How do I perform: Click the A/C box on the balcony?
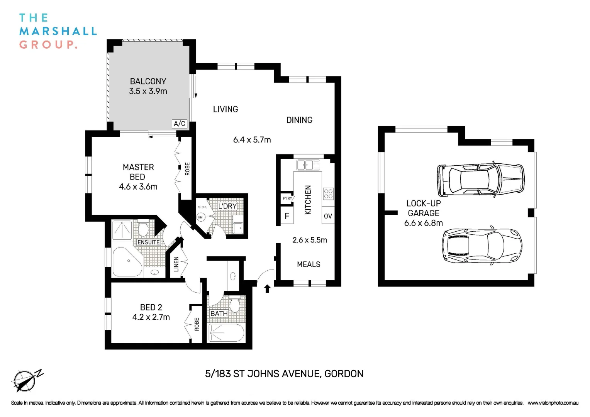180,124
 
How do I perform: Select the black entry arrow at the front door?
267,288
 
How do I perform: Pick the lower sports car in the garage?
481,246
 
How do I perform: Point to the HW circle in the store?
200,217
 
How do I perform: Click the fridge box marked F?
287,216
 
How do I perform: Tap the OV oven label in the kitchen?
328,216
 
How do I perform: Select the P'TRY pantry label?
287,198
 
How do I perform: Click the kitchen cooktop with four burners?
328,193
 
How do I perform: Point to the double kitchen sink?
308,165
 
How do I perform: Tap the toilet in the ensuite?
142,230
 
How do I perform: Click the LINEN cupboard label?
176,264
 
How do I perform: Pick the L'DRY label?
227,206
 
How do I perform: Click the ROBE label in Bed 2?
197,324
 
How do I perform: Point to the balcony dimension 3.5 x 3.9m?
148,92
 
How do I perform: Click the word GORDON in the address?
344,374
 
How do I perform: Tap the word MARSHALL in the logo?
58,31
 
